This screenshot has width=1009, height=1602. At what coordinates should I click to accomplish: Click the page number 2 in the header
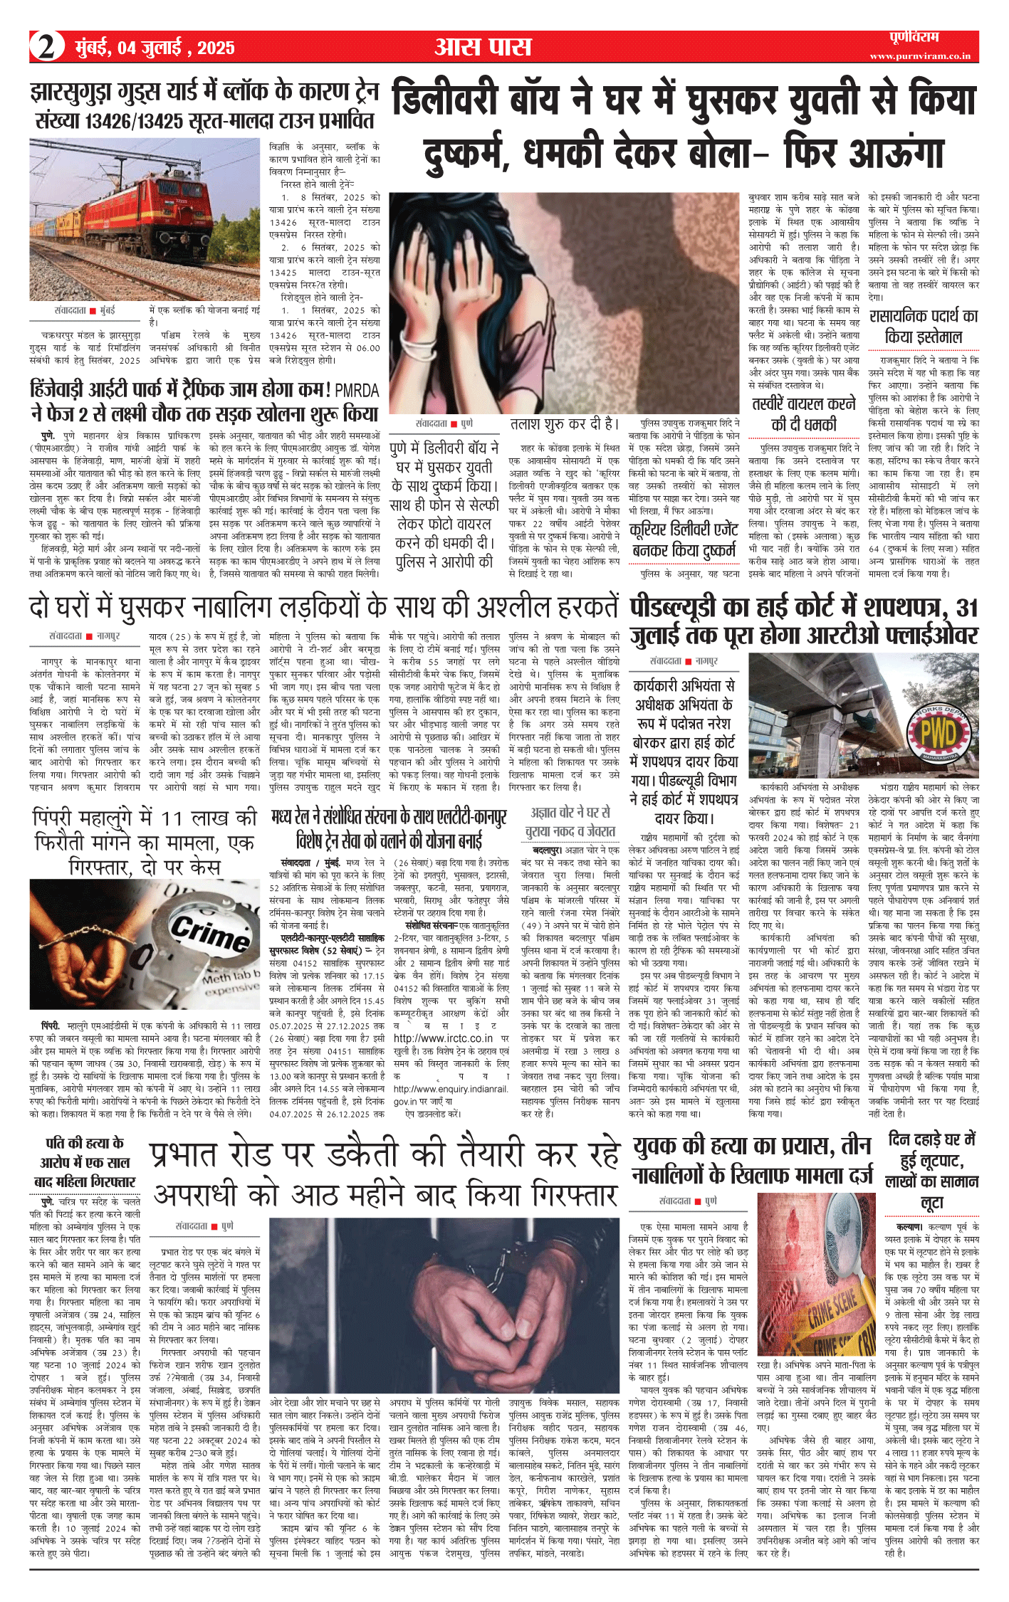tap(46, 47)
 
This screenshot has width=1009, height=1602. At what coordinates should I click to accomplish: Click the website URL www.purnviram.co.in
tap(919, 56)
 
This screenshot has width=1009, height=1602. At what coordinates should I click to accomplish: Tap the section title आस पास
tap(483, 47)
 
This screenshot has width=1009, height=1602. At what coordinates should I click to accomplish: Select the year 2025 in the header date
tap(216, 48)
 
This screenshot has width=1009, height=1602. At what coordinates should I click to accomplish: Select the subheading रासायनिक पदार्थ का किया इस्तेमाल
tap(924, 327)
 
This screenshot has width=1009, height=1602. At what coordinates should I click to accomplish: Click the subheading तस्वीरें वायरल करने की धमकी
tap(803, 414)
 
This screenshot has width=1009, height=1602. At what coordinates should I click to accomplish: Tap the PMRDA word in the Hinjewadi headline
tap(357, 390)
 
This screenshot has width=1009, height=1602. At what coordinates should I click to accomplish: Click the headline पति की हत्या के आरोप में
tap(85, 1161)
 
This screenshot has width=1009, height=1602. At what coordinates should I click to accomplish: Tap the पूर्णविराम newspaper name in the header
tap(914, 38)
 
